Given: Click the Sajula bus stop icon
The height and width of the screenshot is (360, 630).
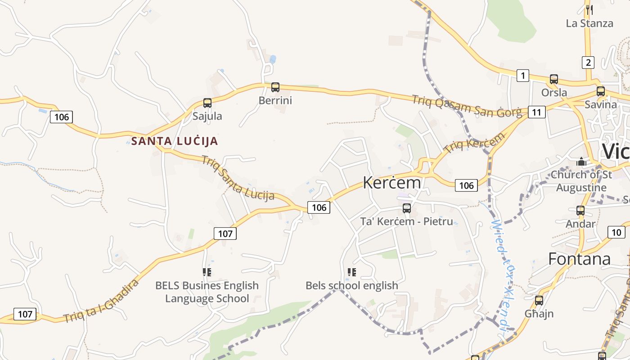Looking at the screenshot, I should point(207,103).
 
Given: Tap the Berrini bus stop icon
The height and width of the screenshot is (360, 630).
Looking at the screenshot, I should point(275,87).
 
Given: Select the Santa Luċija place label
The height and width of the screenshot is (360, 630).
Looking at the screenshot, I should point(175,141).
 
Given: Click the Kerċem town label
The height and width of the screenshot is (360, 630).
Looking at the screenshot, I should point(392,183).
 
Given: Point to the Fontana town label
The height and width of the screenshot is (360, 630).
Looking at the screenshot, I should point(579,259).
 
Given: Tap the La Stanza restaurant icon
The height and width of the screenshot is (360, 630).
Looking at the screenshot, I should point(589,9).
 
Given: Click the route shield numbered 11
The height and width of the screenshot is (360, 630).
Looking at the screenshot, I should point(536,112).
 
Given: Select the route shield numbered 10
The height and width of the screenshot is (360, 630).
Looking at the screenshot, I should point(616,232).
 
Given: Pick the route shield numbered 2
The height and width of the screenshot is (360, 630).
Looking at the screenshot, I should point(588,62).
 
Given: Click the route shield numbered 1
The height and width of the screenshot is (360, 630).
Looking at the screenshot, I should point(522,76).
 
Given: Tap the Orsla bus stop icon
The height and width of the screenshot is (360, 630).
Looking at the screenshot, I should point(554,79).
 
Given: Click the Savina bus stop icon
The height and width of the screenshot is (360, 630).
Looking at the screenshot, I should point(601,91).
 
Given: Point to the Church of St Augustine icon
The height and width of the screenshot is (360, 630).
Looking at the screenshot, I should point(581,161).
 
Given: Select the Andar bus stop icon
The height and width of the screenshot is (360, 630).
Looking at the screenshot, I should point(580,210).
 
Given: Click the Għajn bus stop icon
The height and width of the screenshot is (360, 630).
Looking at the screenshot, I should point(539,300).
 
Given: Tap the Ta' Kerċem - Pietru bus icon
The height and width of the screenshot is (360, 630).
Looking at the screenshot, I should point(407,208).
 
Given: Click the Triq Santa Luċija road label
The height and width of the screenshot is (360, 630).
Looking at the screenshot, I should point(238,178).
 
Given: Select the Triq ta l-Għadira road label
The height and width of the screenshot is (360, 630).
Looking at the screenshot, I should point(101,301).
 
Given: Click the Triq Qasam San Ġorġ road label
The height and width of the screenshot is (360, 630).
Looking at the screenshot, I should point(467,106).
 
